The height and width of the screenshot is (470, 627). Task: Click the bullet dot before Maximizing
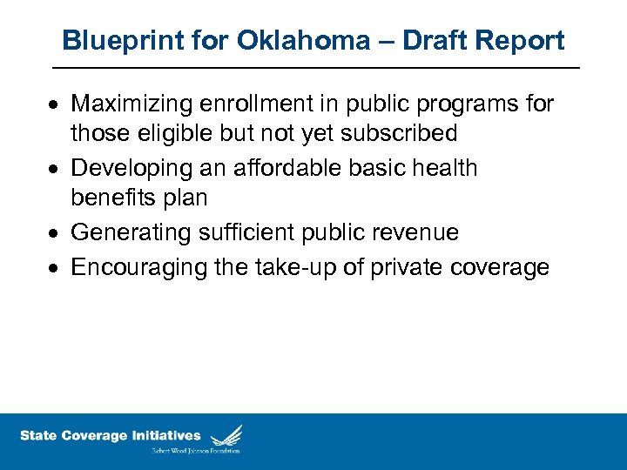[54, 105]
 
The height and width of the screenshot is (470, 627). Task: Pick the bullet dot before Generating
[54, 233]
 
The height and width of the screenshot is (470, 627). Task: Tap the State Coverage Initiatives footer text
[111, 435]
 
